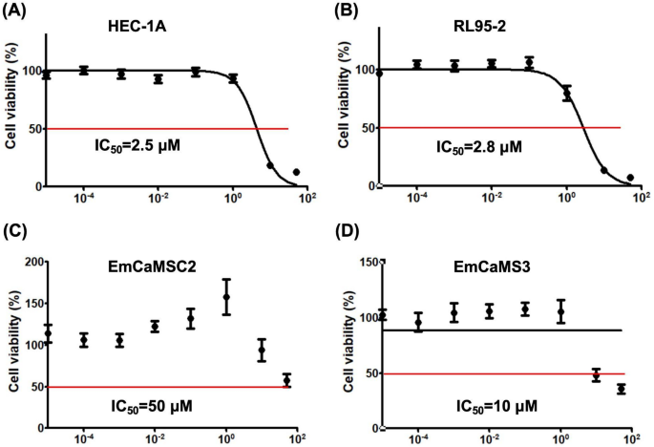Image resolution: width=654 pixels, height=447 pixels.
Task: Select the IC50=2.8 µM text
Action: (479, 148)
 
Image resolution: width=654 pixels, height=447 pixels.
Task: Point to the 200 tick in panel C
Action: (31, 262)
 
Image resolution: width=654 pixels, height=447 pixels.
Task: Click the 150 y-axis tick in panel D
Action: (363, 262)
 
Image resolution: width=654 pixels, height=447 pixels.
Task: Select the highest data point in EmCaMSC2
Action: (226, 297)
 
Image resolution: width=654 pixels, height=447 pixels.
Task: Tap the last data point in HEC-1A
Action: (296, 173)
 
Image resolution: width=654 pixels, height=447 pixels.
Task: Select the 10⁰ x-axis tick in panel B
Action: (567, 197)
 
